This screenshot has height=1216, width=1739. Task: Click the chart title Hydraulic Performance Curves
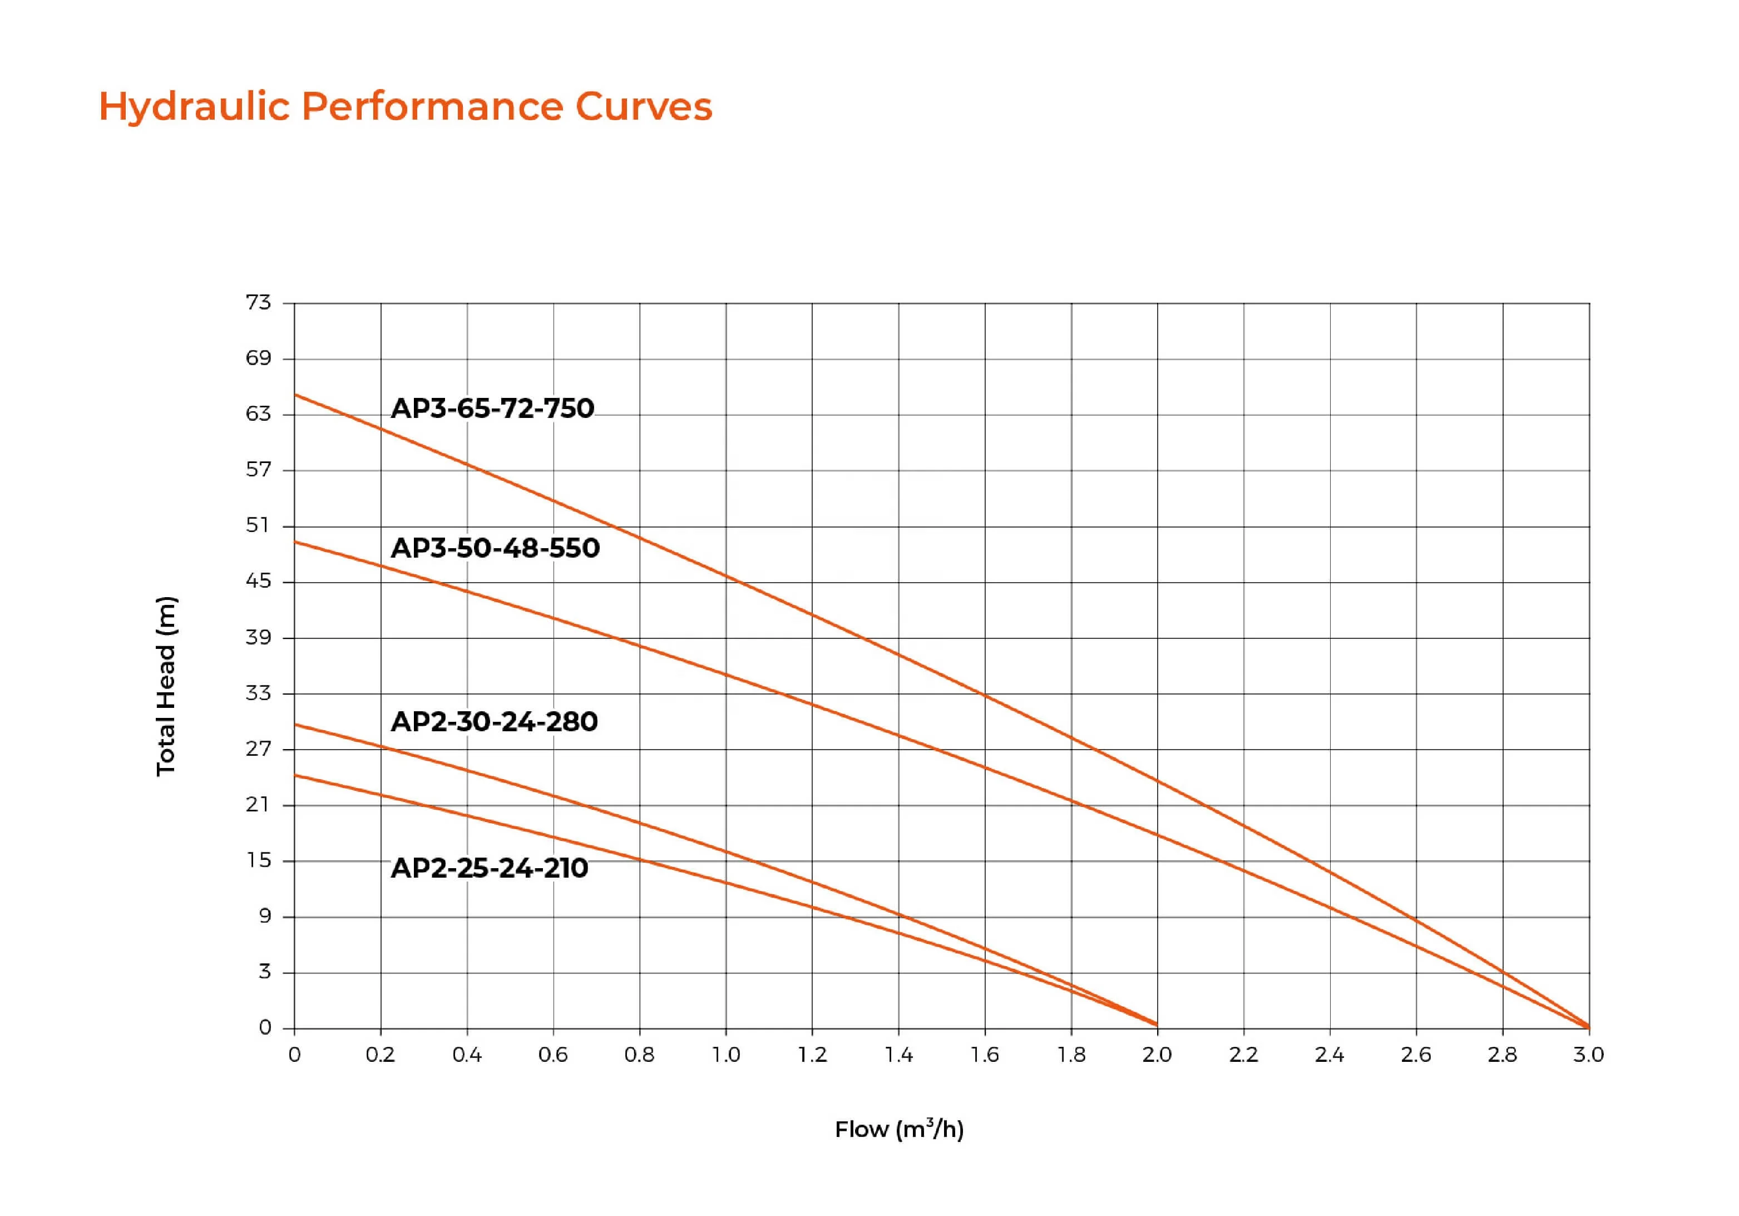[405, 106]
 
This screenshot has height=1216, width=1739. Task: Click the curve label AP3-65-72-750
[492, 408]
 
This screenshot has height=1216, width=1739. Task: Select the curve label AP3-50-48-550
[495, 548]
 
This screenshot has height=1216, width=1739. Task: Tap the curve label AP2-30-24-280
[494, 721]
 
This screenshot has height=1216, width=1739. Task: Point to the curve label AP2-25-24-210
[490, 868]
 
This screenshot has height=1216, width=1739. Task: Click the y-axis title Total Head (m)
[166, 686]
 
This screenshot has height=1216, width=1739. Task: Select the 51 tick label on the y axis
[258, 525]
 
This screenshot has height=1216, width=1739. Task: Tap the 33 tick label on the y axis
[258, 692]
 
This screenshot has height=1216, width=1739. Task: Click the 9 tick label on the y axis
[264, 916]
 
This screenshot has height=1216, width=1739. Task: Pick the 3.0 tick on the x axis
[1588, 1055]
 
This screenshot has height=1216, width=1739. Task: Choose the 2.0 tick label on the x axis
[1157, 1055]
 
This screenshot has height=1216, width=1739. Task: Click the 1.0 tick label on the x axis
[725, 1055]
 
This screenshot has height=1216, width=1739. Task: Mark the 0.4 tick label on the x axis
[467, 1055]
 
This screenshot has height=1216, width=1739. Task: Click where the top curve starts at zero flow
[295, 395]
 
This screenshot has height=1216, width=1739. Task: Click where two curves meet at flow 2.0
[1157, 1025]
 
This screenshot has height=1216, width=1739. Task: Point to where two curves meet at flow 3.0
[1588, 1027]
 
